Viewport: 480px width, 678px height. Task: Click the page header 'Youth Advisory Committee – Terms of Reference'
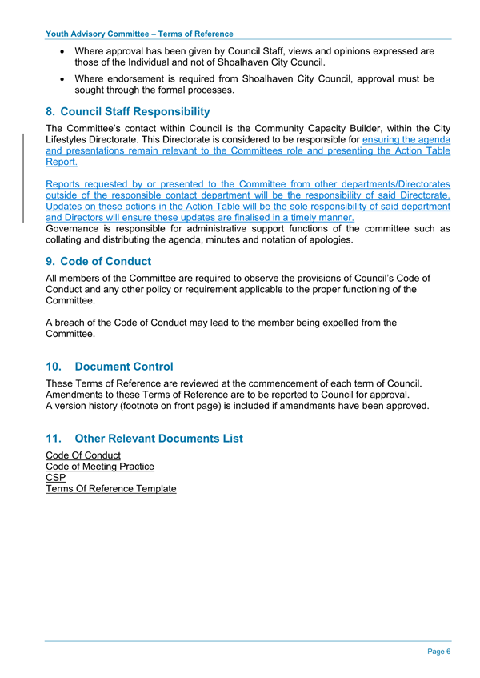pos(140,34)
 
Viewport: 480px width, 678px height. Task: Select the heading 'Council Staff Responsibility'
pos(134,111)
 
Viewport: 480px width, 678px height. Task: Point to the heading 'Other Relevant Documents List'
pos(158,439)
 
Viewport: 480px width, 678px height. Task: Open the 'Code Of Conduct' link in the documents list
pos(83,455)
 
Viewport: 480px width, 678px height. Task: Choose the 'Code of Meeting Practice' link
pos(100,467)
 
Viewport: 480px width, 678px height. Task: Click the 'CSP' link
pos(56,478)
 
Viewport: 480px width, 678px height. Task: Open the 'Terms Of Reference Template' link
pos(110,488)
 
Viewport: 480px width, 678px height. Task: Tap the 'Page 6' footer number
pos(438,652)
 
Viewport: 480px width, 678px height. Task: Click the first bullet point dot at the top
pos(63,51)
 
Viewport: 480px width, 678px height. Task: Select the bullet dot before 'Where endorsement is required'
pos(63,79)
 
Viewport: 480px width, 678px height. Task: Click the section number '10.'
pos(57,367)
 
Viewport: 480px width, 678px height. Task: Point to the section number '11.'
pos(57,439)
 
